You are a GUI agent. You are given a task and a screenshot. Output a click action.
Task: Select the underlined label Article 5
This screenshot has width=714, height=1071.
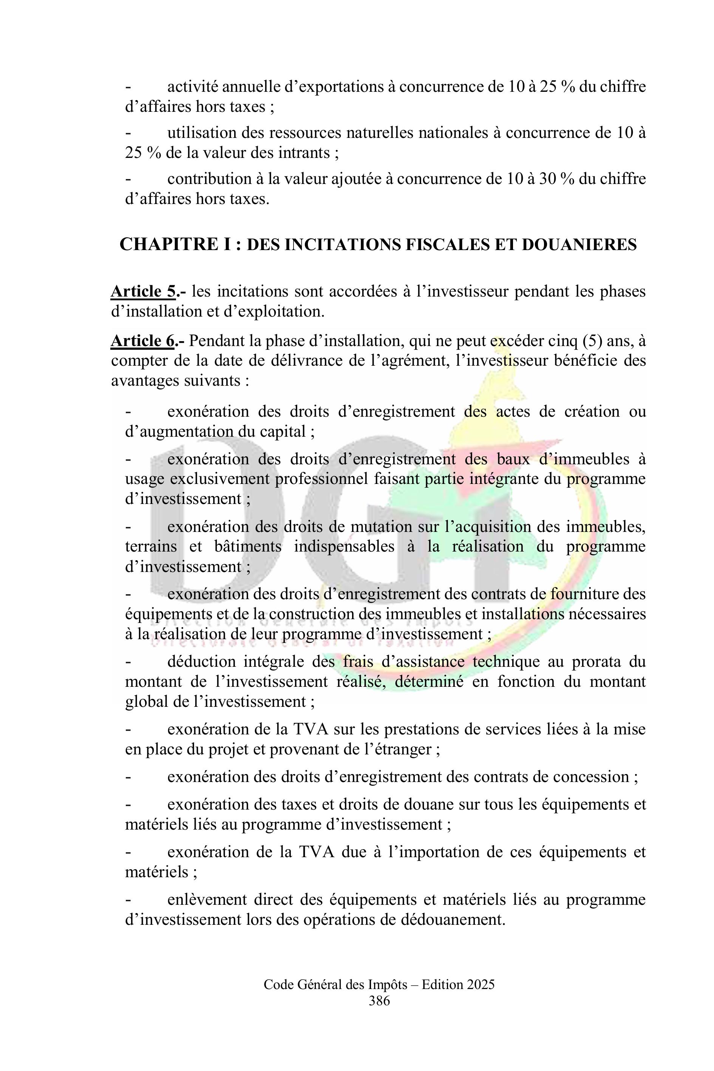pos(143,291)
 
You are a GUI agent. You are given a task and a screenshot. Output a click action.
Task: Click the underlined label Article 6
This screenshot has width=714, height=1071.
pos(143,341)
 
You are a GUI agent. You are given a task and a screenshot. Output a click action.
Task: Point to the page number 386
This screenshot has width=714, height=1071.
pos(379,1001)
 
